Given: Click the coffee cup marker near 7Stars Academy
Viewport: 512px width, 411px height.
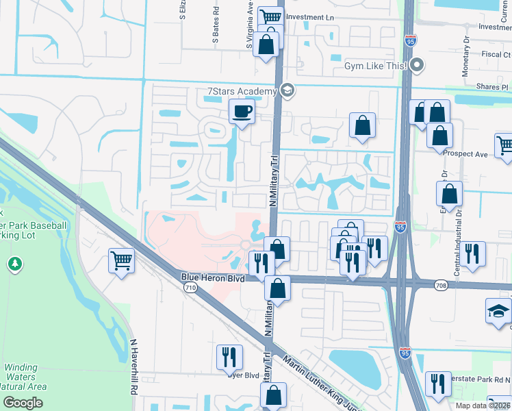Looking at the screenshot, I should pos(242,111).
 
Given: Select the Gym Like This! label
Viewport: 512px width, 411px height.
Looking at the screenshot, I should pos(375,66).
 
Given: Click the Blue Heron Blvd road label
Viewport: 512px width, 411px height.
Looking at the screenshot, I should pos(212,277).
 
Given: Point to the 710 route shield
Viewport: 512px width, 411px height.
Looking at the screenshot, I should pos(191,288).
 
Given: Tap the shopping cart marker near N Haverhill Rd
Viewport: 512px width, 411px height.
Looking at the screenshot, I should pos(121,261).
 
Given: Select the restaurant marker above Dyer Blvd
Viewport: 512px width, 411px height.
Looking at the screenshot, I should pos(229,357).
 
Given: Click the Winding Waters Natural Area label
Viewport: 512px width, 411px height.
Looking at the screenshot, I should pos(25,377).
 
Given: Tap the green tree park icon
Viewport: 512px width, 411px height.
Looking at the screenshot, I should pos(14,264).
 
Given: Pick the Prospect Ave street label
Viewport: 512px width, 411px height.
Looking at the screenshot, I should pos(465,154).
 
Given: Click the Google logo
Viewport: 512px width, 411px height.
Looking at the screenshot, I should pos(23,403).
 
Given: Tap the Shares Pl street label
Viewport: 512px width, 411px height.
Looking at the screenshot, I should pos(493,88).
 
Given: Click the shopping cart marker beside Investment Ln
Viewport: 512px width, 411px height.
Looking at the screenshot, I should pos(272,16).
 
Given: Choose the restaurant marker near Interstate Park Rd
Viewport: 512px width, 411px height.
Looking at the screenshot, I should pos(437,384).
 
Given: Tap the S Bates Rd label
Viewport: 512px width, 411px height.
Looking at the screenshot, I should pos(216,26).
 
